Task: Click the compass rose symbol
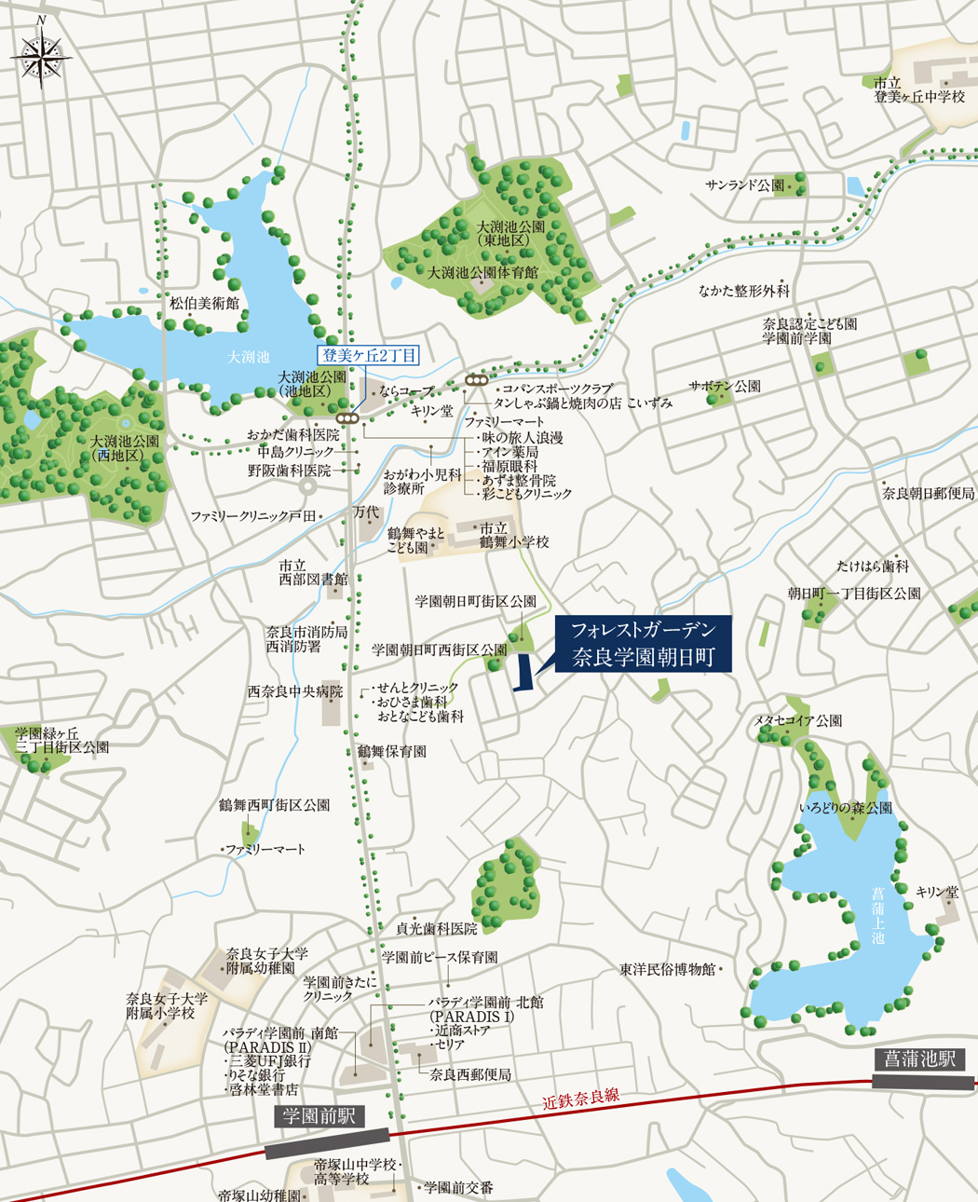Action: (x=42, y=57)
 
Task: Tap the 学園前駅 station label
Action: (x=319, y=1116)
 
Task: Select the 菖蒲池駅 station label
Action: (x=921, y=1059)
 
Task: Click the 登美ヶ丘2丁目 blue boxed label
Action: (x=369, y=355)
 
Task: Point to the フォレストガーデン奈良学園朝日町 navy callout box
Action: (x=642, y=644)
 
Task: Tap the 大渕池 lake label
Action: (x=249, y=357)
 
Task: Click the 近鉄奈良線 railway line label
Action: (x=581, y=1097)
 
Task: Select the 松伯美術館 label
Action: (x=204, y=303)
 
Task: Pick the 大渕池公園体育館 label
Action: (x=482, y=273)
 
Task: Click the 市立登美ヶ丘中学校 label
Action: (x=919, y=89)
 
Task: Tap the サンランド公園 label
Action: (x=745, y=185)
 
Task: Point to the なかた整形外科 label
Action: (x=744, y=291)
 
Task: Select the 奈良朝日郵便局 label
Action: (x=928, y=493)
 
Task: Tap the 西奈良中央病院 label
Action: (x=294, y=692)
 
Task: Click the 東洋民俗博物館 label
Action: (x=668, y=970)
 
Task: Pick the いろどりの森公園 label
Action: (x=846, y=808)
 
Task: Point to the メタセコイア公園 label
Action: (x=797, y=720)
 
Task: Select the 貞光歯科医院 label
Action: (x=436, y=928)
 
